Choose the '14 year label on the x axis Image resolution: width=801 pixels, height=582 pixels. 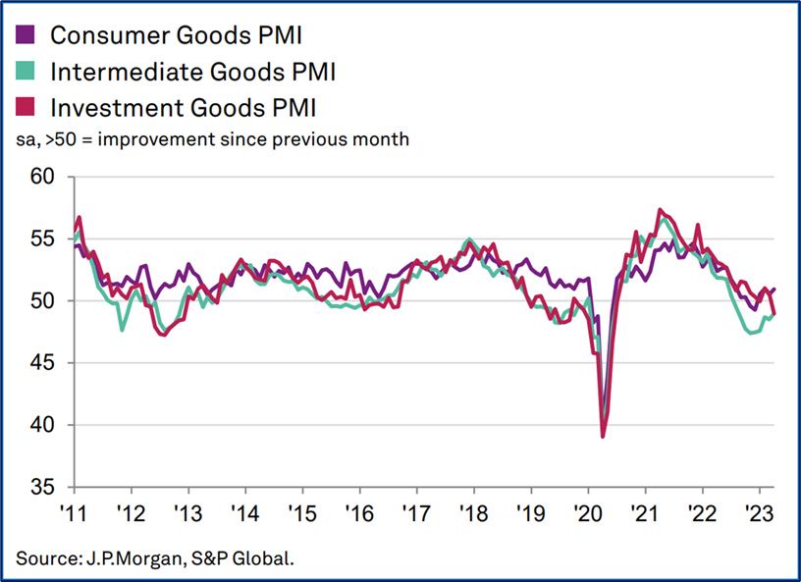point(244,514)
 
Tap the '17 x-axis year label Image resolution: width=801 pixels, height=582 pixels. point(416,514)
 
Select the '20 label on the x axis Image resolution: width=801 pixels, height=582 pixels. point(587,514)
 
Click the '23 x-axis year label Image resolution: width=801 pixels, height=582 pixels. point(758,514)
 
